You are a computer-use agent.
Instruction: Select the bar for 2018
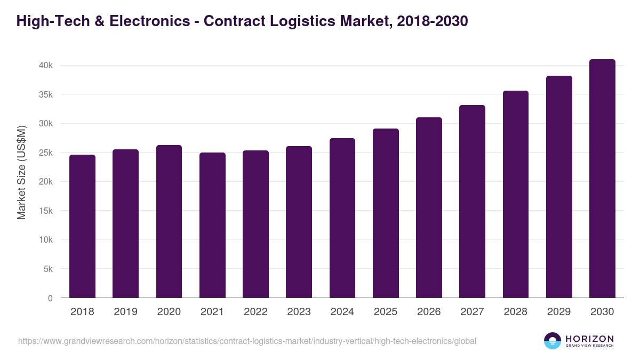[82, 226]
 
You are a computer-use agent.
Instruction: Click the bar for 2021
[212, 225]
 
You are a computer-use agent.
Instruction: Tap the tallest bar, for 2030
[602, 179]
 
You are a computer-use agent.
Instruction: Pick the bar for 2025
[386, 213]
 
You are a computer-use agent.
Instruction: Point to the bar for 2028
[516, 194]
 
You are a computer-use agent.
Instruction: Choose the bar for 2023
[299, 222]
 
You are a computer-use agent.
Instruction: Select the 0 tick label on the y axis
[50, 298]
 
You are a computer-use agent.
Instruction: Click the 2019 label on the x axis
[125, 312]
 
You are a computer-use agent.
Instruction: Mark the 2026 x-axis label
[429, 312]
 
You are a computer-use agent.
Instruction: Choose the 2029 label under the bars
[559, 312]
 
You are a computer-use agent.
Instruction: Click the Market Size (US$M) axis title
[21, 172]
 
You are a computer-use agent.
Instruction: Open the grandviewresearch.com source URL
[247, 341]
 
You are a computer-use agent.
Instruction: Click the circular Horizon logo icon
[553, 341]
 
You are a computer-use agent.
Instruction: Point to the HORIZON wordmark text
[589, 339]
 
